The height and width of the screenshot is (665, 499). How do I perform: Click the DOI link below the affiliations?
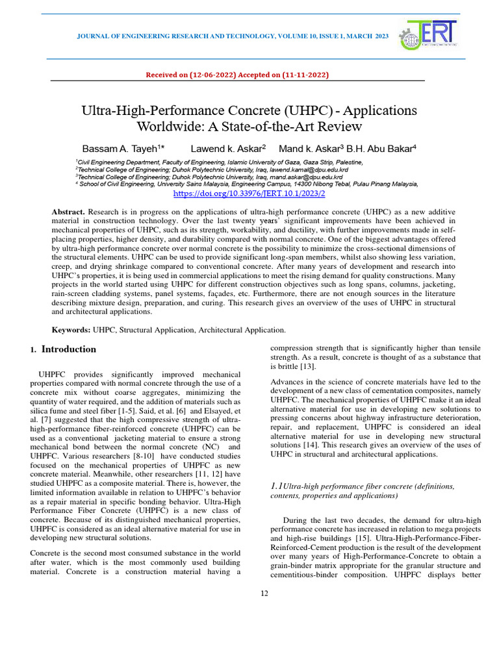[x=249, y=194]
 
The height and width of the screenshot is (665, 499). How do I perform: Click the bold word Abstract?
[x=68, y=212]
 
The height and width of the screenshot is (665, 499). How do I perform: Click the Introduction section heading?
[x=68, y=349]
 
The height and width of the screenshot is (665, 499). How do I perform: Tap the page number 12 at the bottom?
[x=264, y=593]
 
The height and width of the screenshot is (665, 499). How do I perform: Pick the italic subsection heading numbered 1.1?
[x=362, y=490]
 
